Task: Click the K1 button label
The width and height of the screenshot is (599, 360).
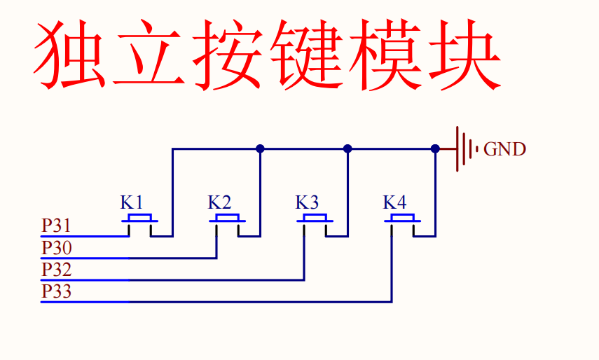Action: click(132, 203)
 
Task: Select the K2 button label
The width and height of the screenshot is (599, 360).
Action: click(219, 203)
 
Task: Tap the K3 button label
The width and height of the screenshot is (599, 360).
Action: click(307, 203)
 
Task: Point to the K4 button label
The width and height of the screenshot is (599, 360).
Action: click(394, 203)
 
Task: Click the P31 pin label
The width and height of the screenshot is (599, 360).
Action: click(56, 226)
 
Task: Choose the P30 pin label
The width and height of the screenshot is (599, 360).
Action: click(56, 248)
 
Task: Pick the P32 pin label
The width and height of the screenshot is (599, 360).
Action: click(56, 270)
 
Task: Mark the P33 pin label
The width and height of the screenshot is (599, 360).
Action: click(56, 291)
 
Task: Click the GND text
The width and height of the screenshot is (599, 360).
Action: click(505, 149)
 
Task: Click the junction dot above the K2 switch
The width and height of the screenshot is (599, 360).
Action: click(260, 148)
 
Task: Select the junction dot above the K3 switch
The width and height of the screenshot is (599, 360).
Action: click(347, 148)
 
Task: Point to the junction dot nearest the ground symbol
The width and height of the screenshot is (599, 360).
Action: click(435, 148)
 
